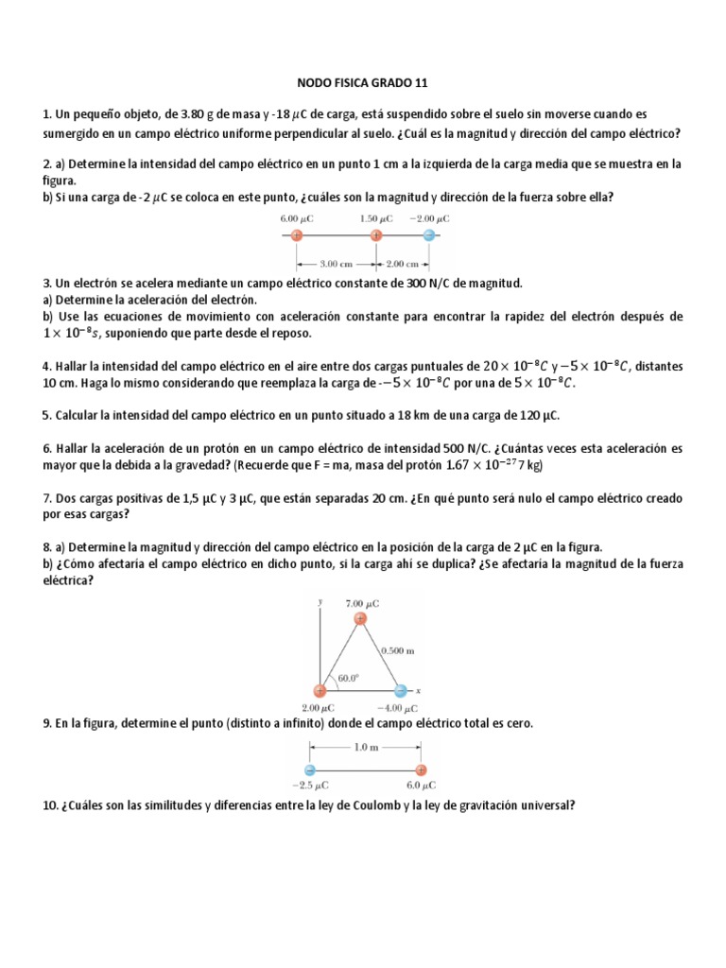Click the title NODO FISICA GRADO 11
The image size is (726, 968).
pos(363,83)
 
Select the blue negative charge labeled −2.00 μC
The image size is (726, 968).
pos(429,235)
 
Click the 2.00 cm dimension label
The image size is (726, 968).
pos(404,265)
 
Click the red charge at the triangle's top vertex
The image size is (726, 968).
pos(360,619)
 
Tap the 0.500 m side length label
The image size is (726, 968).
pos(398,650)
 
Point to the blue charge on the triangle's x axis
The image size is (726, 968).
pos(401,691)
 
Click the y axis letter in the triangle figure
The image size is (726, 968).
pos(321,601)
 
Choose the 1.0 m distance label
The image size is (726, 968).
pos(364,748)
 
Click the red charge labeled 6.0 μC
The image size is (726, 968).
pos(421,769)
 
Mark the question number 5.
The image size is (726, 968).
pos(46,415)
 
